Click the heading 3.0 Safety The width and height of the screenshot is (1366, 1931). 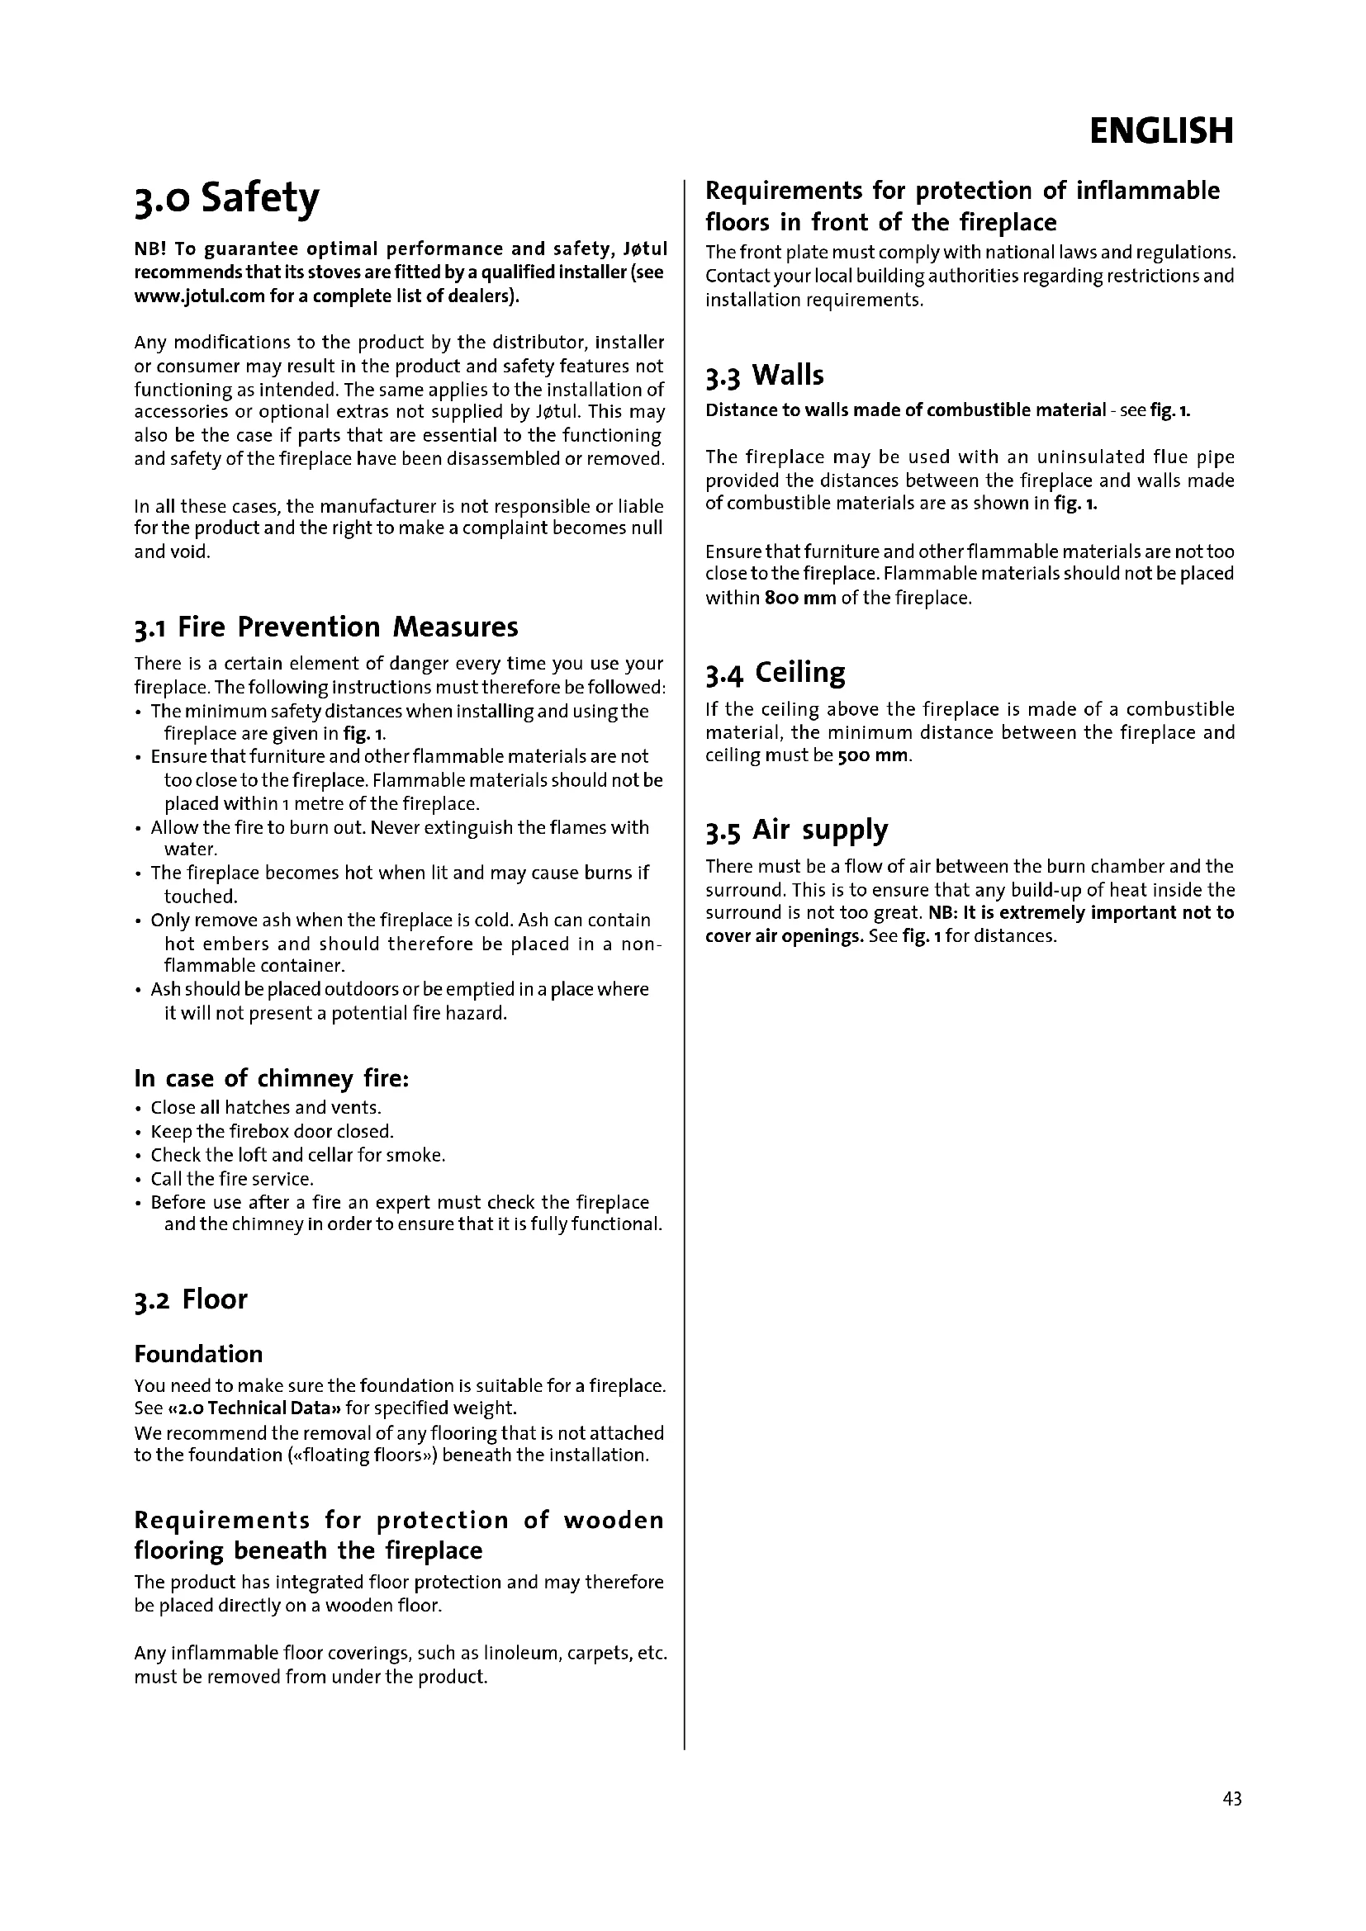tap(227, 200)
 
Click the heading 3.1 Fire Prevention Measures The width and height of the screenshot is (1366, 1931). tap(325, 627)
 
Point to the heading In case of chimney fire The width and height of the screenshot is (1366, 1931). tap(272, 1078)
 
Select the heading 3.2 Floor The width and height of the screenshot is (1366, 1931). tap(191, 1299)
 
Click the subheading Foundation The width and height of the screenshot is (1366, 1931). tap(198, 1354)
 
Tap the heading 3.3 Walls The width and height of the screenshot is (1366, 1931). tap(765, 375)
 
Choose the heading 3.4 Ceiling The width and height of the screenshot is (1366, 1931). tap(775, 673)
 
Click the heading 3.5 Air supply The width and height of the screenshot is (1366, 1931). tap(796, 830)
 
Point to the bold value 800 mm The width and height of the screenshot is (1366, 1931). tap(800, 599)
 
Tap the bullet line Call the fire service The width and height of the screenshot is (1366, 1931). tap(232, 1179)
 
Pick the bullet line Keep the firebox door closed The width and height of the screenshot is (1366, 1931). tap(272, 1132)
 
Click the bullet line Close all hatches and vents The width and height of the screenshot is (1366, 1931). tap(266, 1108)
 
